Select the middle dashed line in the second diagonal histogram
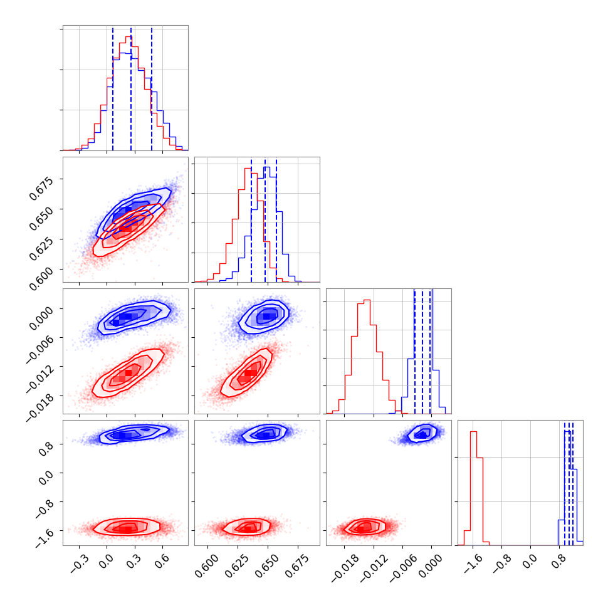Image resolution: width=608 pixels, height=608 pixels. [x=265, y=219]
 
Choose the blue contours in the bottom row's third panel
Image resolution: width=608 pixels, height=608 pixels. [x=421, y=433]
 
